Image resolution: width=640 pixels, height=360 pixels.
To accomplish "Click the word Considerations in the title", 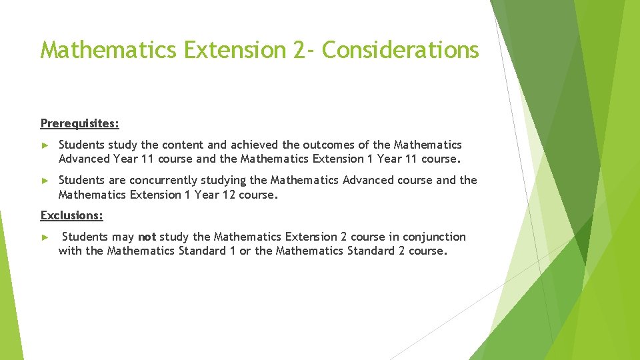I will pyautogui.click(x=400, y=50).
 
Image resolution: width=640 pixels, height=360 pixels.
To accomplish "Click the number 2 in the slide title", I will pyautogui.click(x=299, y=50).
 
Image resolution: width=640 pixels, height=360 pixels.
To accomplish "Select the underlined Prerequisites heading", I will pyautogui.click(x=80, y=123).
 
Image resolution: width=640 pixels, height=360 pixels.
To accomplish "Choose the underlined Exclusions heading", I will pyautogui.click(x=72, y=215).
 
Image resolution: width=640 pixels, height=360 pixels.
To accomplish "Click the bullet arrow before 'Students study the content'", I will pyautogui.click(x=45, y=145).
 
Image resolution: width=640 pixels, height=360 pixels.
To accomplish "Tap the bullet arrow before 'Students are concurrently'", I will pyautogui.click(x=45, y=181).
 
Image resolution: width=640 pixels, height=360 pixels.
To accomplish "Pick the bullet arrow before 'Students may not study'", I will pyautogui.click(x=45, y=237).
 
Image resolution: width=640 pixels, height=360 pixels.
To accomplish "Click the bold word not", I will pyautogui.click(x=147, y=237).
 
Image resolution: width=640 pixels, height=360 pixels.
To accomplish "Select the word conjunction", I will pyautogui.click(x=434, y=237).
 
